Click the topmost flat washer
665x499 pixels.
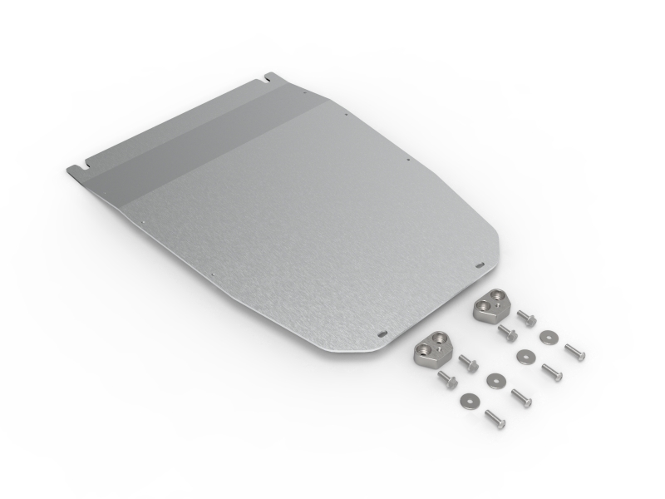547,337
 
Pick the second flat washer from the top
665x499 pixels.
523,356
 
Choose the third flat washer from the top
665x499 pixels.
497,379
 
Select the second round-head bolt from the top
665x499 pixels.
551,373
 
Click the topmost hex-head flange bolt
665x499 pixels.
526,318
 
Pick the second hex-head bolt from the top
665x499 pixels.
507,333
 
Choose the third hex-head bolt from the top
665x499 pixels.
468,363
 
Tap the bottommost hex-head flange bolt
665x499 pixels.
447,380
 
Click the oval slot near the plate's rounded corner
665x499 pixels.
480,265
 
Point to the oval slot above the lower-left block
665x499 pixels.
382,333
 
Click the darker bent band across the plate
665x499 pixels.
199,141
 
